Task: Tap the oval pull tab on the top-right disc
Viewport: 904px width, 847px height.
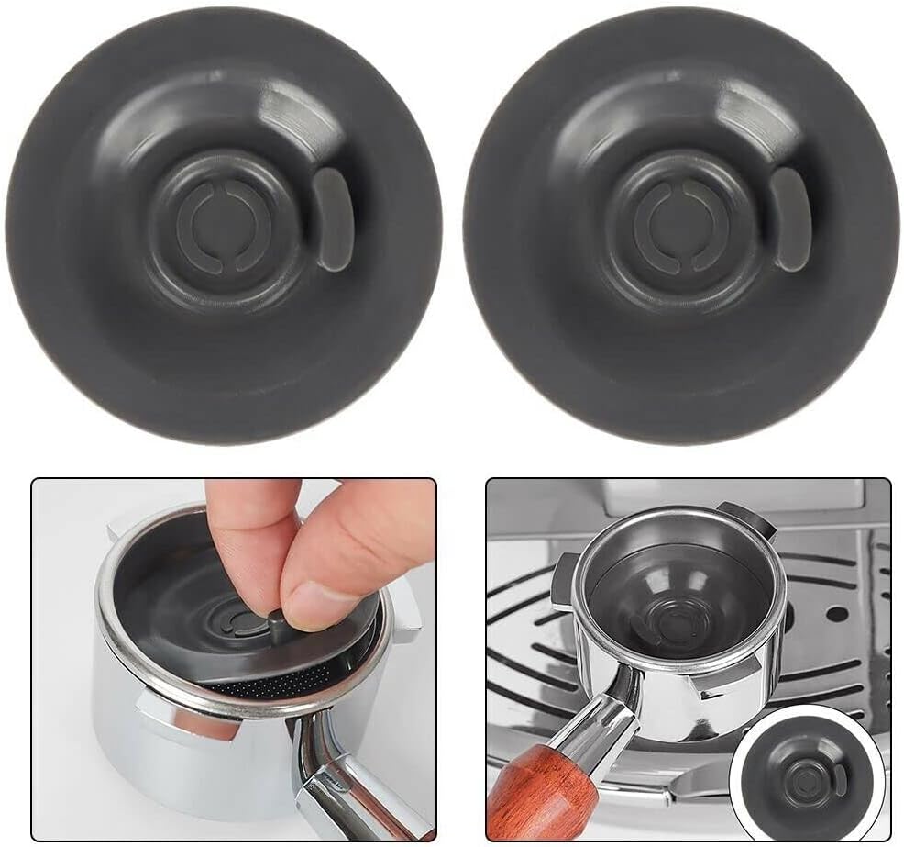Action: (789, 218)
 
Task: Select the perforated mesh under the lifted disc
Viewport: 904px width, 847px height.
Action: (275, 680)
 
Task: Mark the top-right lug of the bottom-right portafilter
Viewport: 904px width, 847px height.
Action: (745, 519)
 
